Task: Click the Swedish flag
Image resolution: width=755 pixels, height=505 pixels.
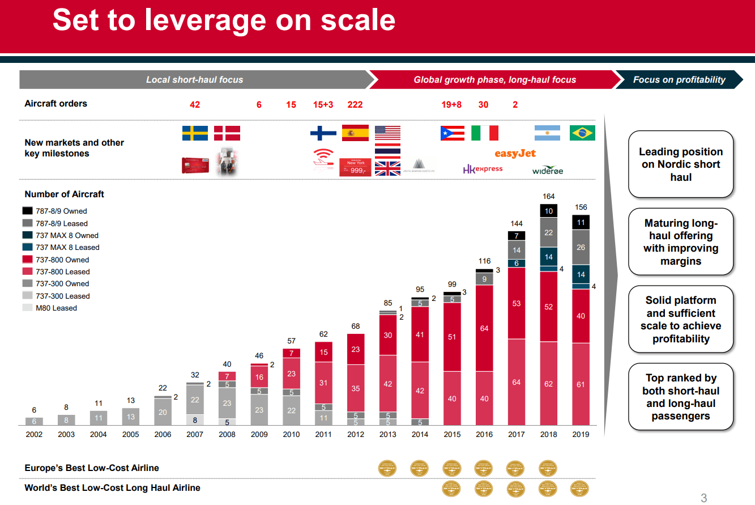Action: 195,133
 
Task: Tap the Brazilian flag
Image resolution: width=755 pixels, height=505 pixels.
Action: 582,133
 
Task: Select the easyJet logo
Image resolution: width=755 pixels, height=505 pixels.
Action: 515,154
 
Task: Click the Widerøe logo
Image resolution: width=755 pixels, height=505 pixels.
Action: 548,170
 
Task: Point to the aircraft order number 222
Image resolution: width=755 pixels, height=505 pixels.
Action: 355,105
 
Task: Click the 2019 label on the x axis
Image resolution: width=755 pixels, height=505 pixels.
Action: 581,434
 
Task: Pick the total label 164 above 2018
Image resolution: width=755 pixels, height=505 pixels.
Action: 548,197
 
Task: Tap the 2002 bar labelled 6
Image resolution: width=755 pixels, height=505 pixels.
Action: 34,421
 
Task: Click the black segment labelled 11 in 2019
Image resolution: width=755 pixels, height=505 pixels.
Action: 581,223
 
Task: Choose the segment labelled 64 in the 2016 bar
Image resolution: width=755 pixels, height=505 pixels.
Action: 484,328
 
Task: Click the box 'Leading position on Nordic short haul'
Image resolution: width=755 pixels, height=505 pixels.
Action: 681,164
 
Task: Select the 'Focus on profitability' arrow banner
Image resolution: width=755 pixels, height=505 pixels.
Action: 679,80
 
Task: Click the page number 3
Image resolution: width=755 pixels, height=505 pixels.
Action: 704,498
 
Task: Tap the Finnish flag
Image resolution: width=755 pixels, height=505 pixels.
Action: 323,133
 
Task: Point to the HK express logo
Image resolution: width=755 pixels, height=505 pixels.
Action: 483,169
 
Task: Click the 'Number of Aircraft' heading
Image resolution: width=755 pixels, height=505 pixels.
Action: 65,194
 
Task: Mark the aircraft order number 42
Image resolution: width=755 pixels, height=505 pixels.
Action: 194,105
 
